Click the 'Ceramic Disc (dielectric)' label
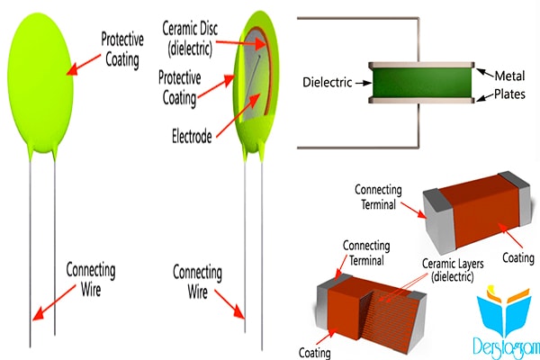click(190, 39)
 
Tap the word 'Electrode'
click(192, 137)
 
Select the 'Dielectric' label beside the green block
click(328, 82)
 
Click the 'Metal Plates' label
click(509, 85)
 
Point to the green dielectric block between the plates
click(422, 83)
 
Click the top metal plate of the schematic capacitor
click(421, 65)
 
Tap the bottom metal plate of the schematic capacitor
click(421, 101)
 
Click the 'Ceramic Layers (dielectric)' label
click(453, 270)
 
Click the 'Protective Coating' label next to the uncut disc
click(122, 50)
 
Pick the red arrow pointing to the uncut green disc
click(84, 65)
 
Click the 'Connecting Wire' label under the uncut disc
click(91, 279)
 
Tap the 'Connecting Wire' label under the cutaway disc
click(197, 282)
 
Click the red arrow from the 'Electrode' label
click(238, 115)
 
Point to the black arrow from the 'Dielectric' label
click(364, 83)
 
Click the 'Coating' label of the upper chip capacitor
click(518, 258)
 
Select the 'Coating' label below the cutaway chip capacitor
click(314, 353)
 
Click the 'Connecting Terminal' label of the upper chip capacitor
click(378, 197)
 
